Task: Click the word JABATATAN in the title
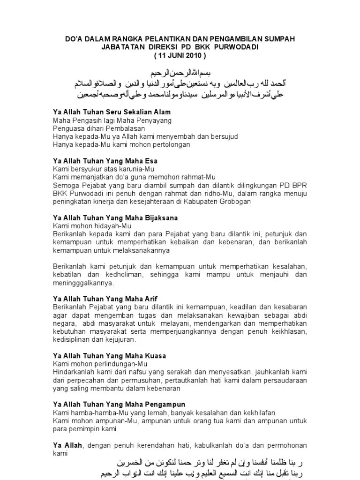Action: (121, 47)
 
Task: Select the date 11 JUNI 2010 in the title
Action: (180, 55)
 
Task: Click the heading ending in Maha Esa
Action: (105, 161)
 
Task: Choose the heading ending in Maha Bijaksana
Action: (115, 218)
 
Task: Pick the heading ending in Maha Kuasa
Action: (109, 356)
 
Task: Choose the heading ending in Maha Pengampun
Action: (119, 404)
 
